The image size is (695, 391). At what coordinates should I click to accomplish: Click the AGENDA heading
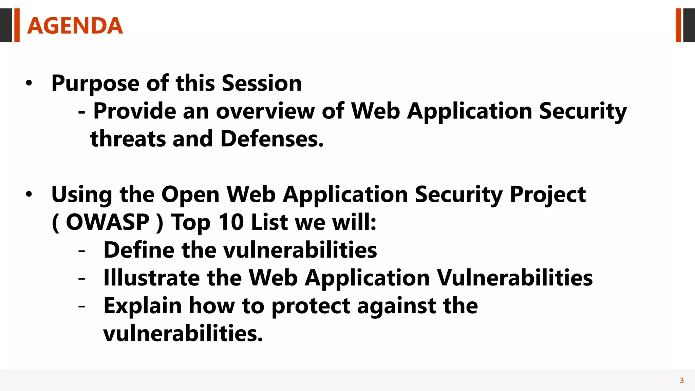75,26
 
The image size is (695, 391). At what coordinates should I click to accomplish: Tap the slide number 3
681,380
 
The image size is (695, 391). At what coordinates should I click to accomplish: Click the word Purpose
95,83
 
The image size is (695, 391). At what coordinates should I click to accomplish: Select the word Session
262,83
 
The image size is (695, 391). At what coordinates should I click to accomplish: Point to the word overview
265,111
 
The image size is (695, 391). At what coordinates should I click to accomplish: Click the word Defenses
272,139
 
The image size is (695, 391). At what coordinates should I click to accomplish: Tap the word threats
128,139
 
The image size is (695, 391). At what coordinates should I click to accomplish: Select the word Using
81,195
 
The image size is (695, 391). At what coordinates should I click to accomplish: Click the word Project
548,195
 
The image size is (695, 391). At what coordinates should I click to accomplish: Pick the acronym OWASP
108,223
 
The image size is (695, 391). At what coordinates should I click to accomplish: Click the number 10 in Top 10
231,223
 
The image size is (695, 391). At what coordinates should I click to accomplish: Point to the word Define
139,250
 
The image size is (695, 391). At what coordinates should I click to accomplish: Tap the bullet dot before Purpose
29,83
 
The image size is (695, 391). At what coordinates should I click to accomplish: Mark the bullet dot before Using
29,195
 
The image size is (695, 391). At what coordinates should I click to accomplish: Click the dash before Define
81,251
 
